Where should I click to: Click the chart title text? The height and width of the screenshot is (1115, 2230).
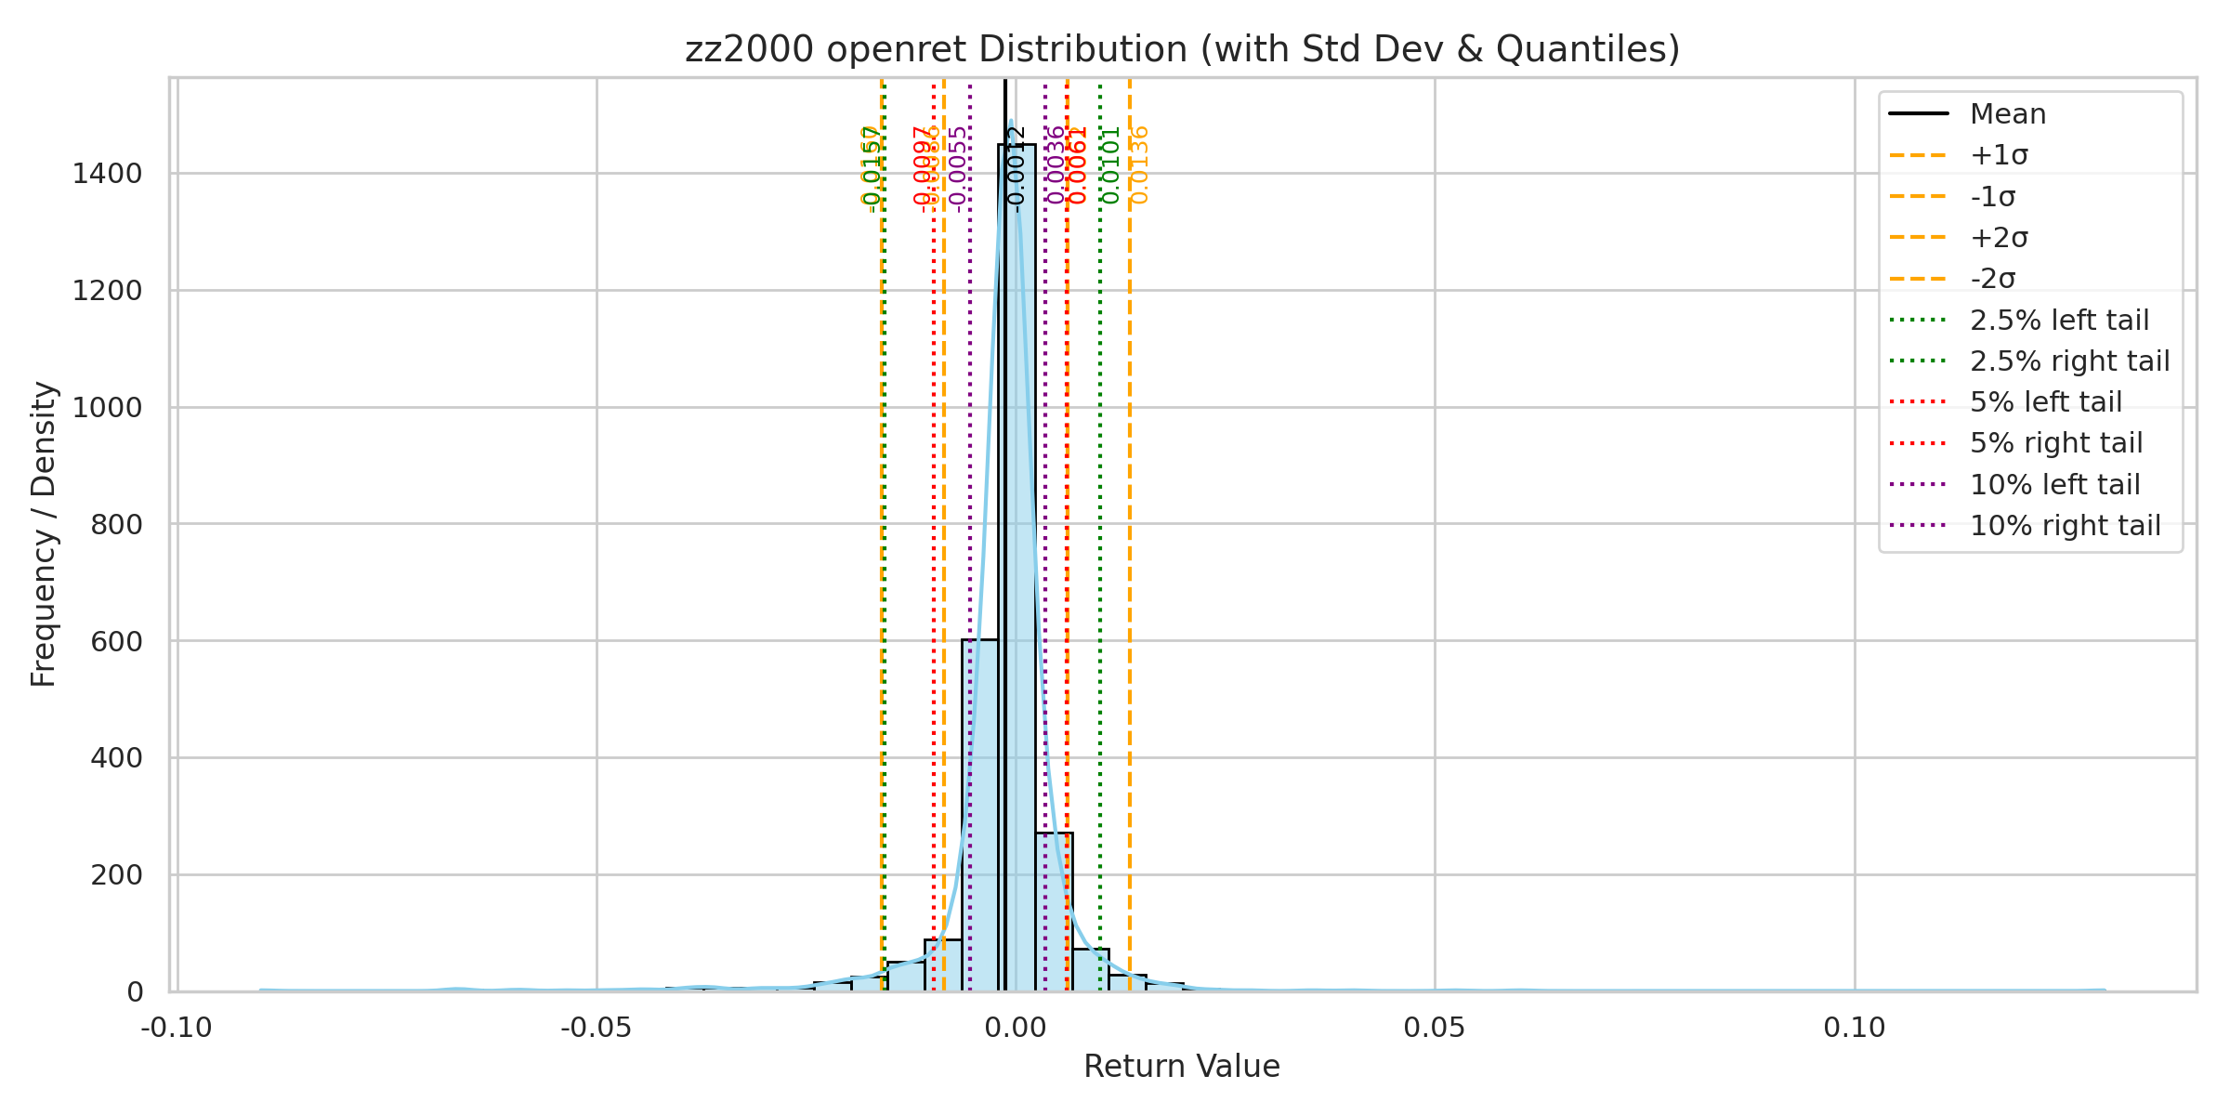(1182, 49)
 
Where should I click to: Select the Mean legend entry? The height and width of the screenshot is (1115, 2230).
(2007, 114)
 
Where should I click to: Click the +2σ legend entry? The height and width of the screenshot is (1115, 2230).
(1999, 238)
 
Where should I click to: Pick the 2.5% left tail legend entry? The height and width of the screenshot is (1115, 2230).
(2059, 321)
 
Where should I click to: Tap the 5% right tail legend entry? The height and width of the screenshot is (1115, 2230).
(2055, 443)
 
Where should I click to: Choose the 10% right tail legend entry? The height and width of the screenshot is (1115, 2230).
(2065, 526)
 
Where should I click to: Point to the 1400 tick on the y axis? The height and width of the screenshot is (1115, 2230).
(108, 174)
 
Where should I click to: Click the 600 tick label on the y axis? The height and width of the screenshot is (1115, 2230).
(116, 641)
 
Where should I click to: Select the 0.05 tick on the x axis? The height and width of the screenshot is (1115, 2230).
(1435, 1028)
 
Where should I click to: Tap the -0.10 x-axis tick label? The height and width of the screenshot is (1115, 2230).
(176, 1028)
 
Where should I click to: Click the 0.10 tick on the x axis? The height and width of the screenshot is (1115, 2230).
(1855, 1028)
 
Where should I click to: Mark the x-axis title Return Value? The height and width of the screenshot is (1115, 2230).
(1182, 1067)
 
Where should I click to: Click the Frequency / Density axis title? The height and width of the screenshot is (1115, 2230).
(44, 534)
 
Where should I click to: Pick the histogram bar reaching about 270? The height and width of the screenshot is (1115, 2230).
(1054, 911)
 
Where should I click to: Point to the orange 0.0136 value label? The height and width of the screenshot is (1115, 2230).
(1140, 165)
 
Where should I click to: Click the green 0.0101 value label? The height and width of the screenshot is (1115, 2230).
(1110, 165)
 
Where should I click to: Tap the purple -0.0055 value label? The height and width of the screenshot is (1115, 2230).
(959, 169)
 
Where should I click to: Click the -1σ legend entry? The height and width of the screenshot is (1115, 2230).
(1992, 197)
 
